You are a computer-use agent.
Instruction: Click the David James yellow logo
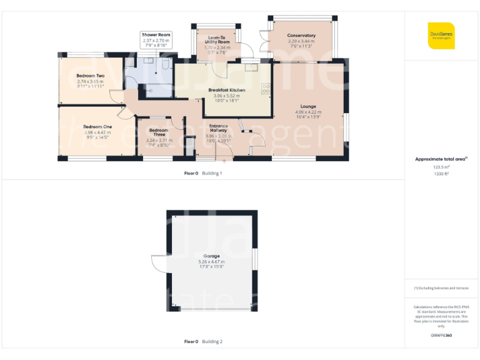[x=441, y=36]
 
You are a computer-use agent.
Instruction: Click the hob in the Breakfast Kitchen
[x=265, y=89]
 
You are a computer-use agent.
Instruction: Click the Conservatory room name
[x=301, y=36]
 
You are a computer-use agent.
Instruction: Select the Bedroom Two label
[x=91, y=76]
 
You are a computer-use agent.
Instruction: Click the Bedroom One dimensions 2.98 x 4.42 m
[x=96, y=132]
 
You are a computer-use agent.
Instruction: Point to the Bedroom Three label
[x=159, y=132]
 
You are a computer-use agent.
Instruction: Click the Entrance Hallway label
[x=218, y=128]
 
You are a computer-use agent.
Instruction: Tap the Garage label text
[x=211, y=256]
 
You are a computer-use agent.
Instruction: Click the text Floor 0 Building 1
[x=203, y=173]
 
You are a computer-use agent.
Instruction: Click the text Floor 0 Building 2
[x=203, y=342]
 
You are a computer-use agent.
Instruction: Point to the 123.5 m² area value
[x=441, y=167]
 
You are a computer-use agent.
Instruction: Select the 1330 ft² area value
[x=441, y=174]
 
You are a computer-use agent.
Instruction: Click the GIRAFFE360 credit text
[x=441, y=336]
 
